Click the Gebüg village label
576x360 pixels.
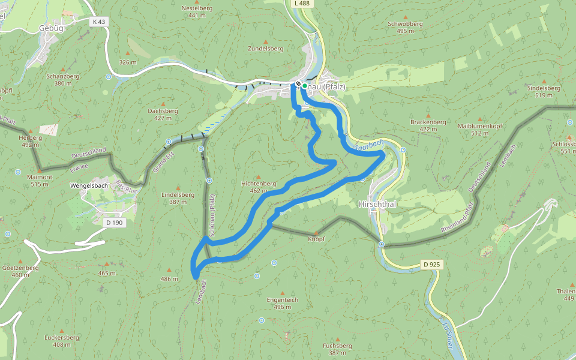tap(50, 28)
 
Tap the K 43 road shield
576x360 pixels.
tap(99, 22)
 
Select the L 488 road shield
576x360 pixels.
tap(302, 4)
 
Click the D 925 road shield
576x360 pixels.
tap(431, 264)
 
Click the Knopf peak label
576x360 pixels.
tap(316, 239)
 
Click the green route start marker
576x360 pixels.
tap(305, 86)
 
